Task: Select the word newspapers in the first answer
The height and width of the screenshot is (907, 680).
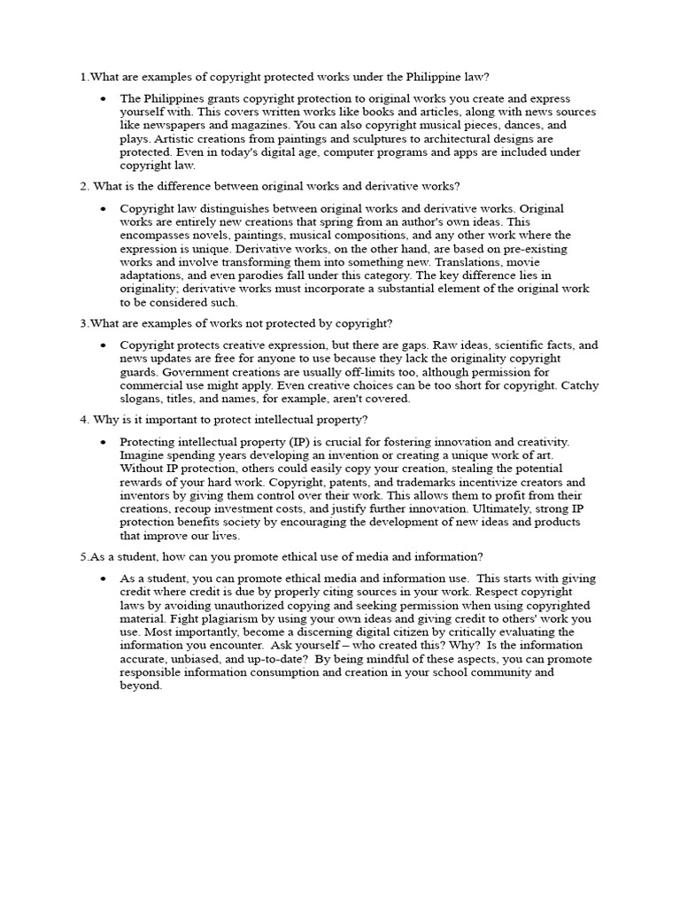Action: (168, 125)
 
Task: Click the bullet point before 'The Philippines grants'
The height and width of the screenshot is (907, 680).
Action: (104, 98)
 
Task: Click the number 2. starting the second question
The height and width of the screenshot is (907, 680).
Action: (84, 186)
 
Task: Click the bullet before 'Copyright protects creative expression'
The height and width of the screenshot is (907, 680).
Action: (104, 345)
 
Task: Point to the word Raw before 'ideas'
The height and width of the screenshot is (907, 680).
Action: (444, 345)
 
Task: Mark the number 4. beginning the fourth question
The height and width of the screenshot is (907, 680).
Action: (84, 419)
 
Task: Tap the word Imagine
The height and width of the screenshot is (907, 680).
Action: (143, 455)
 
